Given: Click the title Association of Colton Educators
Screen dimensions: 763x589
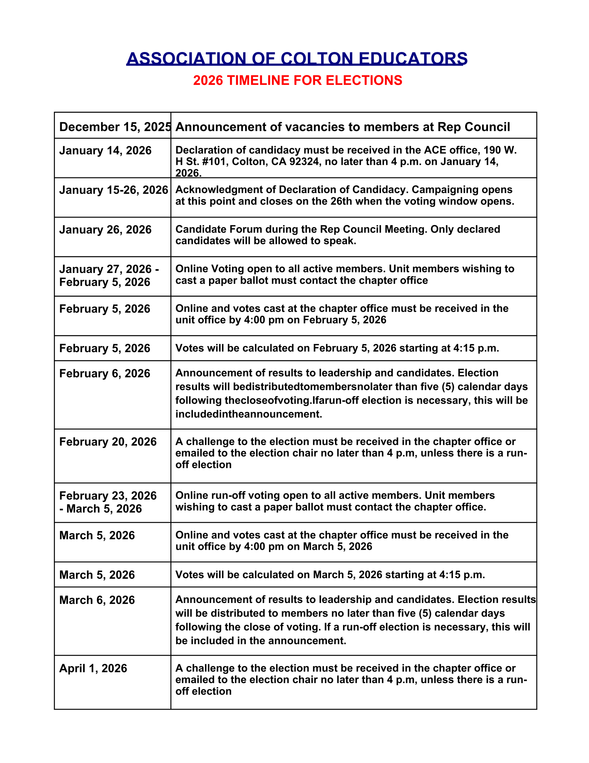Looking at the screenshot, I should [297, 58].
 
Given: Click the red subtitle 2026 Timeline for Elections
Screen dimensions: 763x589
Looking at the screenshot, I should [297, 80].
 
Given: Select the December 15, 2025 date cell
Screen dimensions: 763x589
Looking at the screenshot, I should [115, 127].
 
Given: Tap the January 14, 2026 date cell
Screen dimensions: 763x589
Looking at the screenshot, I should [105, 151].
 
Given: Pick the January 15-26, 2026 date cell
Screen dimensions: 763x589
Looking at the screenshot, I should [113, 190].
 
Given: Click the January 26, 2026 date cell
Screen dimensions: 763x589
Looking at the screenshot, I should [105, 229].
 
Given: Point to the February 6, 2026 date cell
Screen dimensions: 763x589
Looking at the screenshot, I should [105, 373].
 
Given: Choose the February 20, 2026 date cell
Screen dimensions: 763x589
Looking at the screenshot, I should [108, 442].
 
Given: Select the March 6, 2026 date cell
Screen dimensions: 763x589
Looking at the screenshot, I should [97, 600].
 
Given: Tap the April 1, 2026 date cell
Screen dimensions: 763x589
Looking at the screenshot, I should [93, 668].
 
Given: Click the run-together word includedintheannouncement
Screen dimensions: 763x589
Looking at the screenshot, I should [249, 414].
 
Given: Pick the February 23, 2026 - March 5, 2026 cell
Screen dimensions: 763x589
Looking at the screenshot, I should [108, 502].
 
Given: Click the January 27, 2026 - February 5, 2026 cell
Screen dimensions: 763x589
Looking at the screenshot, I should [109, 276].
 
